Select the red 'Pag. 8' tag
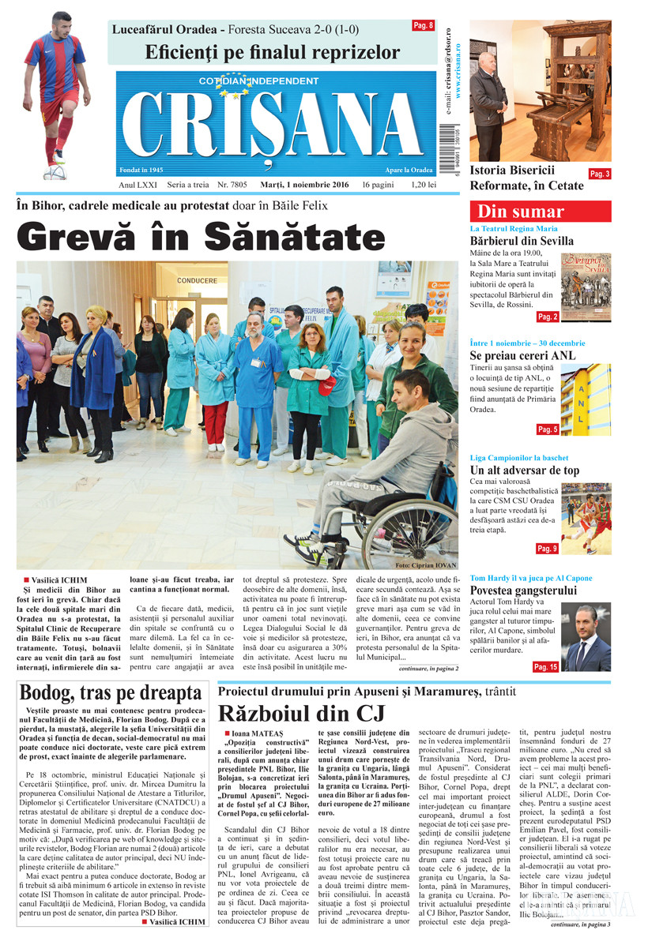[424, 26]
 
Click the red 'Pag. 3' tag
[600, 174]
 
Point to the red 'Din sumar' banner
[540, 212]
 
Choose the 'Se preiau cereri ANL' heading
[522, 355]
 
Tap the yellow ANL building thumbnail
[586, 399]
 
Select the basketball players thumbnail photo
[586, 519]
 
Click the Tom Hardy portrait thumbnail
[586, 637]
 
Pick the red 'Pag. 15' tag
[546, 667]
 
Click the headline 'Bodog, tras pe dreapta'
[111, 694]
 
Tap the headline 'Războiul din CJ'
[301, 714]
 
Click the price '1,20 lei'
[424, 185]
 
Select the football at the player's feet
[55, 171]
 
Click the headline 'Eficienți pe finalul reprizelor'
[273, 53]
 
